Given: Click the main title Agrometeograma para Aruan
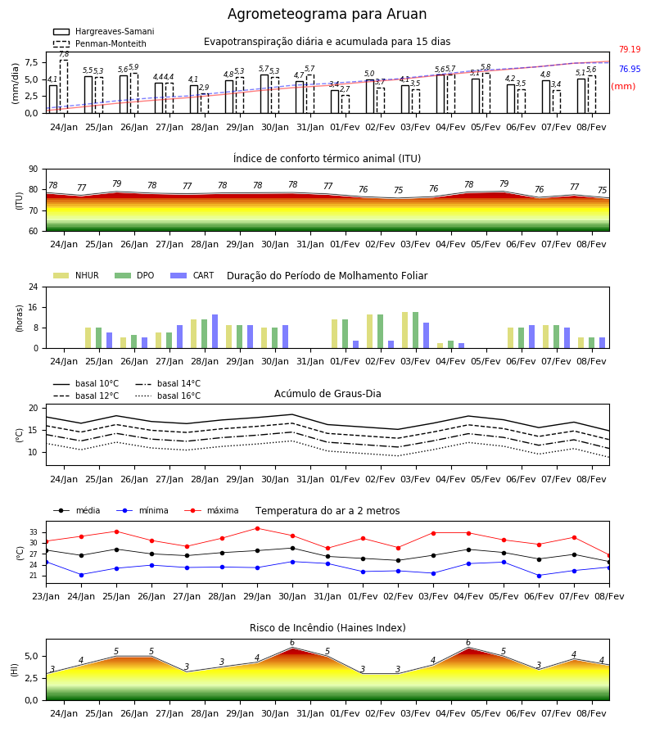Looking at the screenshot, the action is [x=327, y=14].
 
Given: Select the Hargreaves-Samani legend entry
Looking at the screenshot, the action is [x=104, y=31].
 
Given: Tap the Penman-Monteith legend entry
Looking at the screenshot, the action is [x=100, y=43].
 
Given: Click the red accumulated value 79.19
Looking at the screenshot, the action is [x=630, y=49].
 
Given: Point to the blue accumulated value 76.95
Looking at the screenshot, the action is [x=630, y=69].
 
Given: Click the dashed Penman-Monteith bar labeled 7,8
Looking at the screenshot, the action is [x=64, y=87].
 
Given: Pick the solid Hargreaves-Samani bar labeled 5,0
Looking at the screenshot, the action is [x=370, y=97].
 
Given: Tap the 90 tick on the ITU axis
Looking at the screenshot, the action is [x=34, y=170].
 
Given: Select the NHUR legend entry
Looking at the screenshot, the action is [x=76, y=275].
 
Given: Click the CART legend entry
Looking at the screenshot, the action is [x=192, y=275].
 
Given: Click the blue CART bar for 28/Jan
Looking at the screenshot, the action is [x=215, y=332].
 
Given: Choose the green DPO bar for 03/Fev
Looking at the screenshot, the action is [x=415, y=330].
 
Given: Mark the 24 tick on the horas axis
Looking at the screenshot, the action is [x=34, y=287].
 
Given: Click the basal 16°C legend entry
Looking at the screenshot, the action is [x=168, y=396].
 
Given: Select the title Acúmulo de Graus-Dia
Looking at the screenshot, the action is [x=327, y=393].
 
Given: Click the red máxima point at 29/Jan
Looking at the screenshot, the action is [x=257, y=528].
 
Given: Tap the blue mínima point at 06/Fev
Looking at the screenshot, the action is [x=539, y=576].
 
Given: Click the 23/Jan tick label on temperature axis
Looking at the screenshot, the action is [x=46, y=596].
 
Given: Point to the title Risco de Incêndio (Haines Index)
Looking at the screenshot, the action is [x=327, y=628].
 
